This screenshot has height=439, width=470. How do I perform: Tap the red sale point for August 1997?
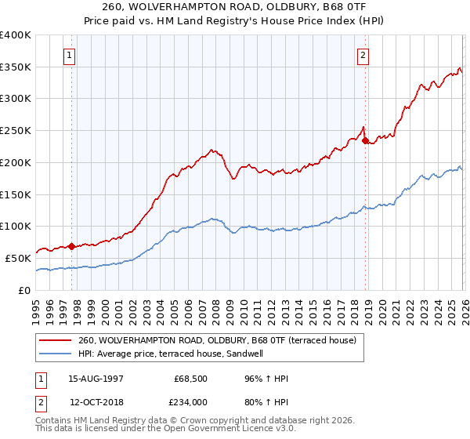pyautogui.click(x=71, y=246)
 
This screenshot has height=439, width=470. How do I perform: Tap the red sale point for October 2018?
pyautogui.click(x=365, y=141)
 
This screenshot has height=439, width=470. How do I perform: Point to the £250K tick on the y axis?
pyautogui.click(x=16, y=131)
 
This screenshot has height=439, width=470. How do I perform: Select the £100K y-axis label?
pyautogui.click(x=16, y=227)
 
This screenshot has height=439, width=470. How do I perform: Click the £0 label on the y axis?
pyautogui.click(x=25, y=290)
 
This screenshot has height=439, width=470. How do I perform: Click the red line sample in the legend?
pyautogui.click(x=56, y=340)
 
